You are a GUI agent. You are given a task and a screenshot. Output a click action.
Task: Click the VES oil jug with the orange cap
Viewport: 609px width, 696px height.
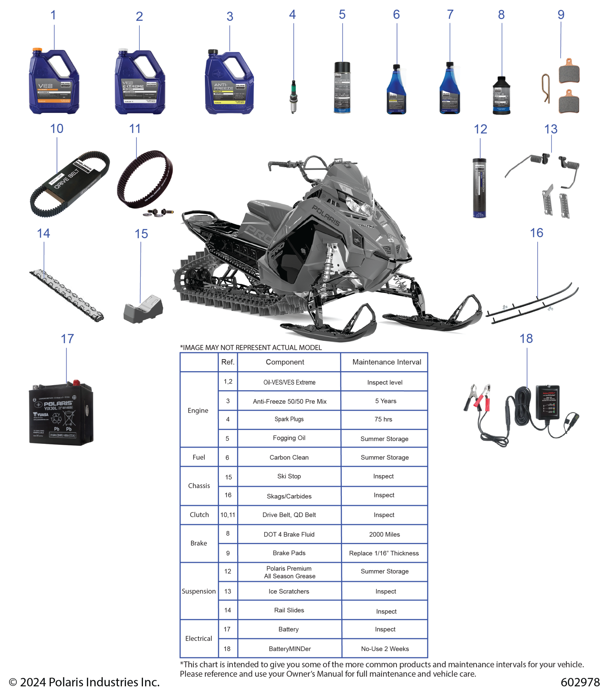pyautogui.click(x=54, y=82)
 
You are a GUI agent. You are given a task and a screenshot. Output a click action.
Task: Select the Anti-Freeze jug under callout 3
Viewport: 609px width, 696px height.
pyautogui.click(x=229, y=83)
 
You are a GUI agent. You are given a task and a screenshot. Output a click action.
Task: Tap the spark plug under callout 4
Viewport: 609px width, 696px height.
pyautogui.click(x=293, y=97)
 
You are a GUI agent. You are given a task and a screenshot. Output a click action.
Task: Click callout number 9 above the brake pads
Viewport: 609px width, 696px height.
pyautogui.click(x=561, y=15)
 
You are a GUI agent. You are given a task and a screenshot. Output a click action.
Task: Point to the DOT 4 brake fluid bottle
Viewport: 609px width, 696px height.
pyautogui.click(x=501, y=96)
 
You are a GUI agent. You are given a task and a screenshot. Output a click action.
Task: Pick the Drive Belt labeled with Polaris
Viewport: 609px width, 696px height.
pyautogui.click(x=69, y=183)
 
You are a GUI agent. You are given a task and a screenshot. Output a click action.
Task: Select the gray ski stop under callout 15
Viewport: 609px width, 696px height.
pyautogui.click(x=143, y=309)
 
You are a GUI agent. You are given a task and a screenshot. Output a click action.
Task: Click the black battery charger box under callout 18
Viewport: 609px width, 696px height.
pyautogui.click(x=545, y=402)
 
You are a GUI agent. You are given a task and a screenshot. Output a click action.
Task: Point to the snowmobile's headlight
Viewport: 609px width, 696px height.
pyautogui.click(x=359, y=207)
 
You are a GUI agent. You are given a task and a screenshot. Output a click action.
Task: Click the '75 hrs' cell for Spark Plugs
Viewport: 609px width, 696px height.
pyautogui.click(x=383, y=419)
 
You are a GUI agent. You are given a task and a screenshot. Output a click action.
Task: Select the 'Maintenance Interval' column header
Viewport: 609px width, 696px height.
pyautogui.click(x=387, y=362)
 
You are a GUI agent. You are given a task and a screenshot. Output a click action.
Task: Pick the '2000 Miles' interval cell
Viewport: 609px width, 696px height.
pyautogui.click(x=384, y=534)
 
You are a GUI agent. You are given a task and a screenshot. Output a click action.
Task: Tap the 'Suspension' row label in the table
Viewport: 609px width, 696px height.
pyautogui.click(x=199, y=591)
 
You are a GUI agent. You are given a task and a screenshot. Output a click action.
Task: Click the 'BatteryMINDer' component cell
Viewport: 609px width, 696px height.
pyautogui.click(x=289, y=649)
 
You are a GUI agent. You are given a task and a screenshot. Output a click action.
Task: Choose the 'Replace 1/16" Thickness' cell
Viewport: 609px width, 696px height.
pyautogui.click(x=384, y=553)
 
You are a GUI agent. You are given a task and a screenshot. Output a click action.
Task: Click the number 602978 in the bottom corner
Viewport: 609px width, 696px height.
pyautogui.click(x=580, y=682)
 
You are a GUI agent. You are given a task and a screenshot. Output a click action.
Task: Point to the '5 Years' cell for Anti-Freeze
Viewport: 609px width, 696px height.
pyautogui.click(x=385, y=401)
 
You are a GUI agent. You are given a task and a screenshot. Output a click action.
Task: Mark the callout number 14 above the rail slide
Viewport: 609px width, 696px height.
pyautogui.click(x=43, y=233)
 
